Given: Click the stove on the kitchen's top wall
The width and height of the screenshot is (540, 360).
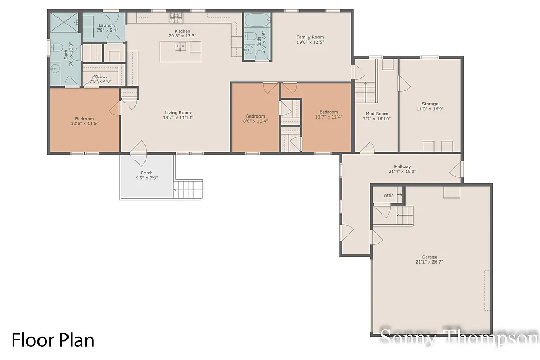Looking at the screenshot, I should click(x=176, y=18).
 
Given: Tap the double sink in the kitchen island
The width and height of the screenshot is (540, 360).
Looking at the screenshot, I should click(x=180, y=46).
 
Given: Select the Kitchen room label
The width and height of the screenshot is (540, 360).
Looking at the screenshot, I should click(x=182, y=31).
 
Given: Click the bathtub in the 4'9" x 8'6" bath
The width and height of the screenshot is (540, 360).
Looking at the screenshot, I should click(x=257, y=22).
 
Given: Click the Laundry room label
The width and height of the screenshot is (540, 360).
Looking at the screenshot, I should click(x=107, y=25).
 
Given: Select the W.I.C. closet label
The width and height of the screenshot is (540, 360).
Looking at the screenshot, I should click(x=100, y=76).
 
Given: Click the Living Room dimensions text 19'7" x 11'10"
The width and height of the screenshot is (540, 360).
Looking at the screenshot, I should click(x=178, y=118).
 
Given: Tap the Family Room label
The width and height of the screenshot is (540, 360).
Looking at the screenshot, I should click(x=310, y=37).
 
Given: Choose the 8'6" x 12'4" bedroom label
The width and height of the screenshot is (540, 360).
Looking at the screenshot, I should click(x=255, y=116).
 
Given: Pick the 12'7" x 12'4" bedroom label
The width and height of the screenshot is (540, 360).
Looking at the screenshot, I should click(x=329, y=112).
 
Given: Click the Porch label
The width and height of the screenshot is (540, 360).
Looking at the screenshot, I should click(x=147, y=173).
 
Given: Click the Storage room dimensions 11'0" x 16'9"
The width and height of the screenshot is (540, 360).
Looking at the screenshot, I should click(x=430, y=109).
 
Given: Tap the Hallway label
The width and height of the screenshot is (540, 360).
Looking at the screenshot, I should click(x=402, y=167).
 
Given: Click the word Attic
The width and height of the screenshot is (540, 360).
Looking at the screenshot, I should click(x=389, y=196).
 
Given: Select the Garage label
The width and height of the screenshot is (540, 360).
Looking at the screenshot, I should click(x=429, y=257).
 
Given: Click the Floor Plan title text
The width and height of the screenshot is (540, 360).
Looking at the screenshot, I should click(x=53, y=340).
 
